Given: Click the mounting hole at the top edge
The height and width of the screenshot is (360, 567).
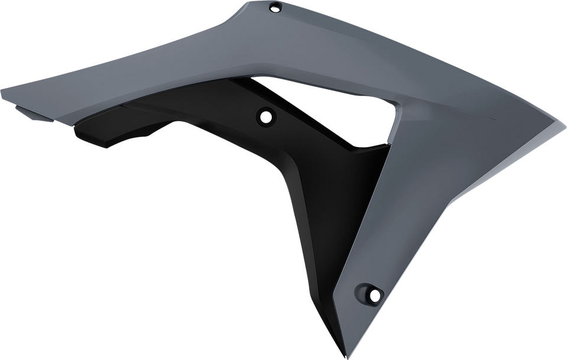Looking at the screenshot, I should (x=275, y=7).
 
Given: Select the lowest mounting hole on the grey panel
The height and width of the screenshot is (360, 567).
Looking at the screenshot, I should (x=373, y=292).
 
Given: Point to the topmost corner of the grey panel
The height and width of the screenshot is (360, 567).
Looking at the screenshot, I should (x=243, y=2).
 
